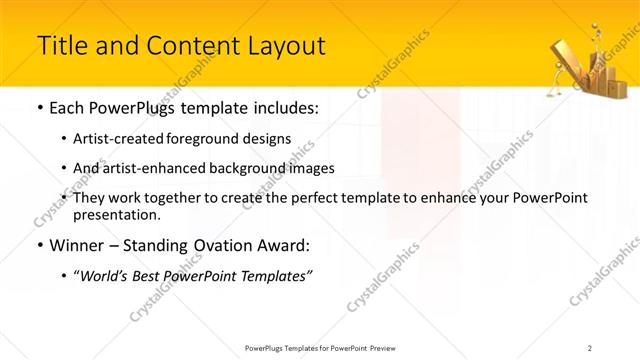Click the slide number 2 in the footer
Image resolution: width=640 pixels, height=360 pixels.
[590, 347]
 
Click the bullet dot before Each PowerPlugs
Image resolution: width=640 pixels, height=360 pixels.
[39, 108]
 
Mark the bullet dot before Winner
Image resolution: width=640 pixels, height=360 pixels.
[39, 245]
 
